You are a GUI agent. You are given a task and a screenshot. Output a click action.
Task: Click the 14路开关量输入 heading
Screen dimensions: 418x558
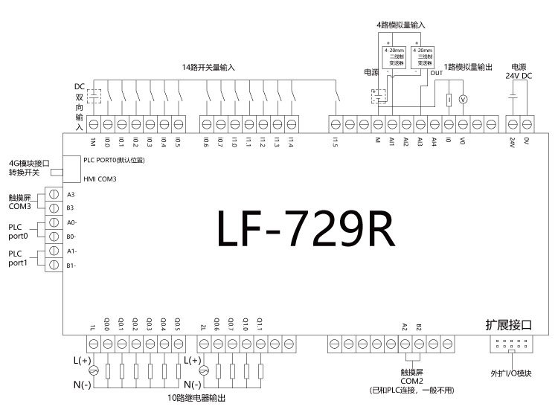pyautogui.click(x=208, y=68)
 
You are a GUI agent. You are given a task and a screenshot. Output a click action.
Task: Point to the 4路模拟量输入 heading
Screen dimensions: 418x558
pyautogui.click(x=400, y=25)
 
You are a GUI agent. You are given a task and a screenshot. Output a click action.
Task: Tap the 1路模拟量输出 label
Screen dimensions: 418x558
pyautogui.click(x=469, y=68)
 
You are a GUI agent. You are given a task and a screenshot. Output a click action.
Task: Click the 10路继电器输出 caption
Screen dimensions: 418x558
pyautogui.click(x=196, y=399)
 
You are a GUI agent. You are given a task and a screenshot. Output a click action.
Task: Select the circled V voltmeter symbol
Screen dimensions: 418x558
pyautogui.click(x=462, y=100)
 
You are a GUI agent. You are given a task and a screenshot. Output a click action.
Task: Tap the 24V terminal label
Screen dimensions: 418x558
pyautogui.click(x=512, y=141)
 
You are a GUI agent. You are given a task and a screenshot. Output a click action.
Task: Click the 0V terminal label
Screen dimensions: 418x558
pyautogui.click(x=527, y=140)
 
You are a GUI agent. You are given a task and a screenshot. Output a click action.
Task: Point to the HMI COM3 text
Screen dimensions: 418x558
pyautogui.click(x=100, y=179)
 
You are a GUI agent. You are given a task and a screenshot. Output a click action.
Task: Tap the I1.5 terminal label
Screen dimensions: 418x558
pyautogui.click(x=336, y=142)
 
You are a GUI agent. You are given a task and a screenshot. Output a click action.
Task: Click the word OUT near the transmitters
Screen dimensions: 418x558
pyautogui.click(x=436, y=73)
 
